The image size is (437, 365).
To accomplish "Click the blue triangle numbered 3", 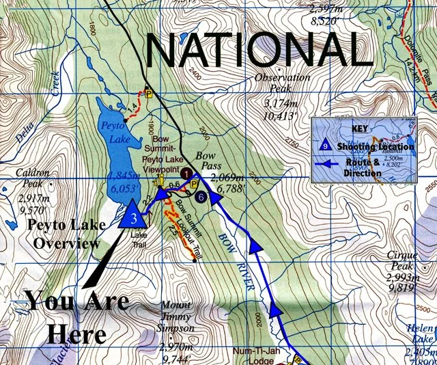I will pyautogui.click(x=134, y=215).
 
